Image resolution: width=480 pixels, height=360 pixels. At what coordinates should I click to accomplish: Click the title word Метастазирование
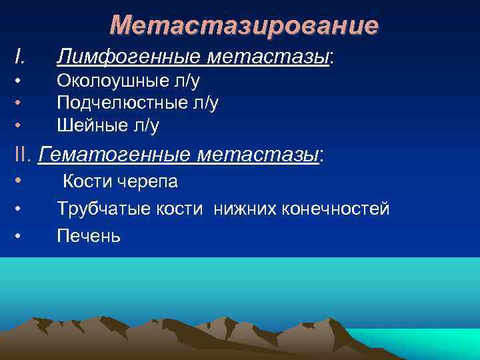[x=244, y=25]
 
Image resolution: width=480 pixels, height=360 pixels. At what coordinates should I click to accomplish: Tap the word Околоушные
[x=107, y=81]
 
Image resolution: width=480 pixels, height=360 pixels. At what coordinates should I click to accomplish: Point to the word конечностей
[x=334, y=209]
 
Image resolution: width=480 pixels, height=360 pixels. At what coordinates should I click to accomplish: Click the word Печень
[x=89, y=236]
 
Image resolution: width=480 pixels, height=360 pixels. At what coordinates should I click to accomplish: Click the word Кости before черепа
[x=90, y=181]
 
